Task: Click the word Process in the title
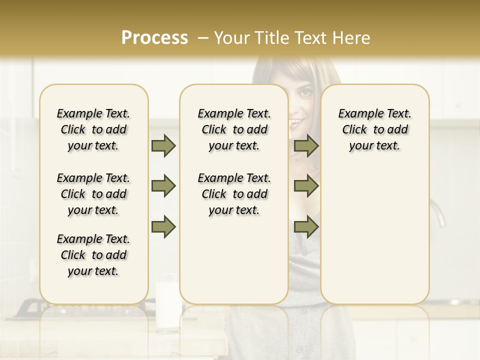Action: click(x=154, y=38)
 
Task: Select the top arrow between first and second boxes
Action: click(x=163, y=146)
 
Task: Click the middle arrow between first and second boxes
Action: click(x=163, y=186)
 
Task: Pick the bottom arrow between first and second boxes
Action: click(x=163, y=227)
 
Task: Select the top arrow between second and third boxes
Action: click(x=306, y=146)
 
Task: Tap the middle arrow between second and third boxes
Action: click(x=306, y=186)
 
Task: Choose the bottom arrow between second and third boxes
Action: click(x=306, y=227)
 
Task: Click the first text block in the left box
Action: click(x=93, y=129)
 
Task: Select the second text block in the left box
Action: click(x=93, y=194)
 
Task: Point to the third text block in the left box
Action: click(x=93, y=255)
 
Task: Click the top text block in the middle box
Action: click(x=234, y=129)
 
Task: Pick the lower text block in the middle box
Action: click(x=234, y=194)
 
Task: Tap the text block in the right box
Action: click(x=374, y=129)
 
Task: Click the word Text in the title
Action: click(x=308, y=38)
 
